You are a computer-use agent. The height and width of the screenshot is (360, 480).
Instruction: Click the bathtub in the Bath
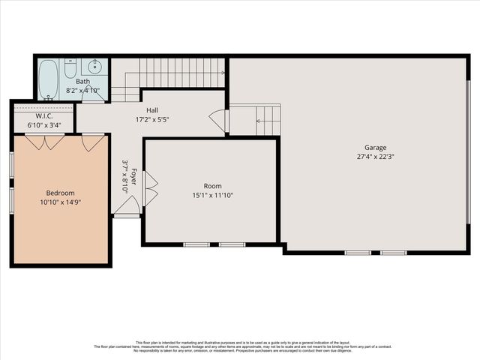[49, 80]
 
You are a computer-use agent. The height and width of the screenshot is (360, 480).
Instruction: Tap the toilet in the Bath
[70, 70]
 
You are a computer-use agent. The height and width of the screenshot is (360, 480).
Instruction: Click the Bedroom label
[61, 193]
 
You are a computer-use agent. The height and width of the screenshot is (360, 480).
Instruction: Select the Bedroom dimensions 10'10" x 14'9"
[61, 202]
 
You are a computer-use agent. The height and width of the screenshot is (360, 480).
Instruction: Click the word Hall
[152, 110]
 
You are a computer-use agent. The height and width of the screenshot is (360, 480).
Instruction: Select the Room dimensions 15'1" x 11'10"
[213, 196]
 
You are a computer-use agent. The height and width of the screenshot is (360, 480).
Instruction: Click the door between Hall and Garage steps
[219, 121]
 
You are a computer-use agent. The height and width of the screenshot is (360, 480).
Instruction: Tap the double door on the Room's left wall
[149, 188]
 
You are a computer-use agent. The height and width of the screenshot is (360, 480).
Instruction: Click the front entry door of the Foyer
[126, 205]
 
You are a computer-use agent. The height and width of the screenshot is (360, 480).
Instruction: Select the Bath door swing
[92, 94]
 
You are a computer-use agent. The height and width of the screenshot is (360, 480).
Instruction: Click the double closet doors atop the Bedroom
[44, 141]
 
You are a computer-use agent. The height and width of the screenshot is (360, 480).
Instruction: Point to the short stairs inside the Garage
[267, 118]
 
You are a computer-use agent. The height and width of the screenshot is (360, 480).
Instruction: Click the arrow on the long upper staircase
[222, 73]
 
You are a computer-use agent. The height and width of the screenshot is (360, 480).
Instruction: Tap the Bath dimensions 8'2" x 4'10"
[82, 90]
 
